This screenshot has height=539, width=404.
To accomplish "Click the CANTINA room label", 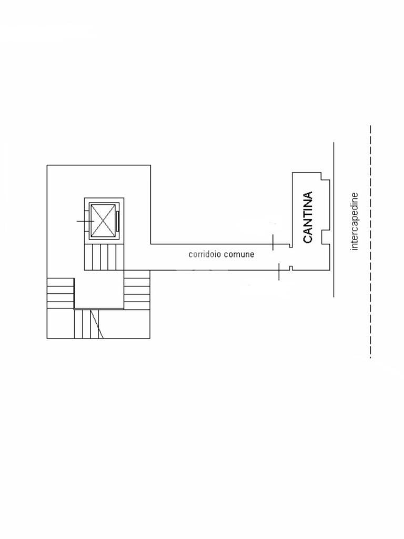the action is click(307, 217).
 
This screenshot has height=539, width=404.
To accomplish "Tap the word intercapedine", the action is click(354, 222).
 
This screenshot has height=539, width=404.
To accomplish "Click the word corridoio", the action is click(205, 254).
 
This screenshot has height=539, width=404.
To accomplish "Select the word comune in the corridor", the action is click(239, 254).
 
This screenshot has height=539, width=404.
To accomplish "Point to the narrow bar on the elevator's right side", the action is click(118, 221).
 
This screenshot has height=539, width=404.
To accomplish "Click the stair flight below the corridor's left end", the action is click(137, 289).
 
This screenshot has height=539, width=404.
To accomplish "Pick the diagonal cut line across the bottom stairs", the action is click(97, 324).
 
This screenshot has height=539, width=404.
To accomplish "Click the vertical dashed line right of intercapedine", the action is click(370, 242).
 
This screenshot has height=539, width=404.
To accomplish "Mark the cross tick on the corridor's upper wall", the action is click(273, 242).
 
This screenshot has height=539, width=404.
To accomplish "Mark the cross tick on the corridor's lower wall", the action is click(279, 271).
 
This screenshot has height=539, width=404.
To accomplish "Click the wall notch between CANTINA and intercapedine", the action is click(325, 237).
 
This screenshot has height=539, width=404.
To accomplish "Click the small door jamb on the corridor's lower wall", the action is click(290, 268).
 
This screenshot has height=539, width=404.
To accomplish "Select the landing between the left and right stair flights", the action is click(99, 290).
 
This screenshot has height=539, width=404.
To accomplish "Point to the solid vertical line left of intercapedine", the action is click(334, 219).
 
